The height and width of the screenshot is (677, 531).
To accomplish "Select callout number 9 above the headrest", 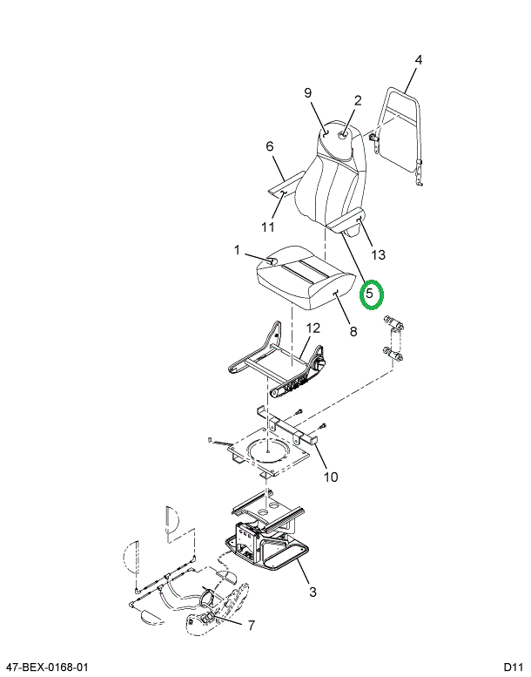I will pos(307,93).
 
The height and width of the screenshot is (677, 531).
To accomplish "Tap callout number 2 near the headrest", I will pos(357,100).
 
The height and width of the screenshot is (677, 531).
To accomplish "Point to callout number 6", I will pos(270,146).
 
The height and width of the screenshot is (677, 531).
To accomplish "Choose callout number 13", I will pos(378,254).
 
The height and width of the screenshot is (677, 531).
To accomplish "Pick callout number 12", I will pos(313,328).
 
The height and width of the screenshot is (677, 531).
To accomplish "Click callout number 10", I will pos(331,477).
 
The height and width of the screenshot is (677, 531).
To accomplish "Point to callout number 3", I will pos(313,592).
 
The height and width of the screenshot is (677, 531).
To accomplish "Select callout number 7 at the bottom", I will pos(251,625).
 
